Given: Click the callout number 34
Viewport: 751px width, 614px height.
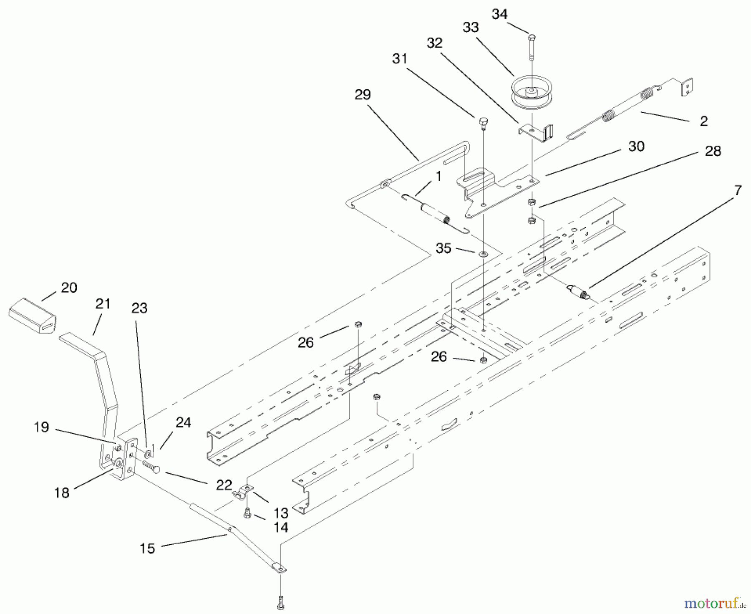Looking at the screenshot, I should pyautogui.click(x=499, y=14).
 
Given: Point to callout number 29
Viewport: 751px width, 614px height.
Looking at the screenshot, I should pyautogui.click(x=362, y=95).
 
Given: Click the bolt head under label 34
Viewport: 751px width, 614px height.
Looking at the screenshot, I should pyautogui.click(x=532, y=38).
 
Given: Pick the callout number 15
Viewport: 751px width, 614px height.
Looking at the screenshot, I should pyautogui.click(x=147, y=548).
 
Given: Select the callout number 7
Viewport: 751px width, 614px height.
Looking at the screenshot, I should pyautogui.click(x=738, y=190).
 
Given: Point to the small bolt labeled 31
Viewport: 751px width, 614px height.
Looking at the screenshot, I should pyautogui.click(x=483, y=122).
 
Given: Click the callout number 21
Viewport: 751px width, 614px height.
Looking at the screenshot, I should pyautogui.click(x=103, y=303).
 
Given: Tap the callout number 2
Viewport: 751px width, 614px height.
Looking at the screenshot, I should pyautogui.click(x=704, y=121).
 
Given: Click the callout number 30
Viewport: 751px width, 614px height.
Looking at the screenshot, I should pyautogui.click(x=636, y=147).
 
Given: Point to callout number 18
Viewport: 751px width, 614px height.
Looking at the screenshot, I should pyautogui.click(x=62, y=493).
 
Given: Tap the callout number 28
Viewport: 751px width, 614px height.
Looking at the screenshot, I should pyautogui.click(x=713, y=151).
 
